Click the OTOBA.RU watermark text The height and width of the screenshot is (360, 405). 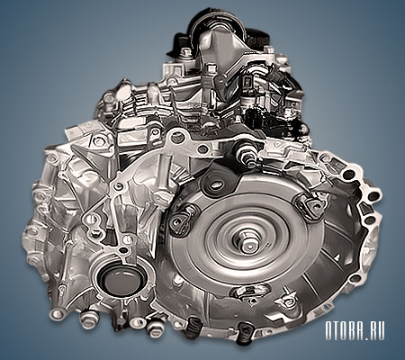pos(355,331)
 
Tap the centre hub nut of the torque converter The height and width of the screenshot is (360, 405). pos(248,243)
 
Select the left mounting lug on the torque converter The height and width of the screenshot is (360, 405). pos(181,220)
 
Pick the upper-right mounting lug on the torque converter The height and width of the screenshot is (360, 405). pos(310,204)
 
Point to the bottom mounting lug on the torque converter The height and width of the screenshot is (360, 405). pos(246,292)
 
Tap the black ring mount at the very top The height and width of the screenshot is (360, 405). pos(218,25)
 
